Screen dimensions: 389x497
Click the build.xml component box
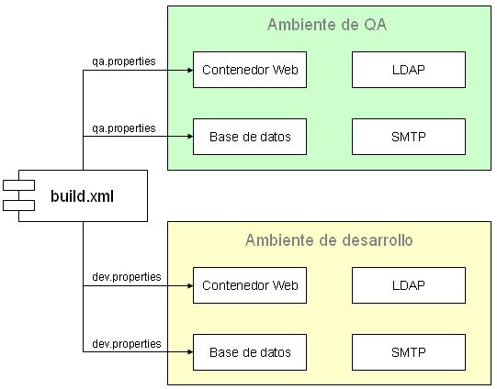[83, 194]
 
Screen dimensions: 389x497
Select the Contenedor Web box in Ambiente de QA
[250, 70]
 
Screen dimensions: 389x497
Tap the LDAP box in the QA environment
[409, 70]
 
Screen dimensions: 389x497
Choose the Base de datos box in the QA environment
[250, 137]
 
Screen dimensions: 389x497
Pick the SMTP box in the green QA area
[409, 137]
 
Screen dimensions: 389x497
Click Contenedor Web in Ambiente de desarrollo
[250, 285]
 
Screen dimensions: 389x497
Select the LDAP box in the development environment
[409, 285]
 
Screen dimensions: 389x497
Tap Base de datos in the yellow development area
[250, 352]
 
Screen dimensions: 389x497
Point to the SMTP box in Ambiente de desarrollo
[409, 352]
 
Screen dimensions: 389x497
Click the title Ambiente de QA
[327, 25]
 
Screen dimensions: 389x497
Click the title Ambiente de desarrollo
[329, 240]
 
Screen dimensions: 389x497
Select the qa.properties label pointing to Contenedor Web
[123, 61]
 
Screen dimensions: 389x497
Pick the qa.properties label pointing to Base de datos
[123, 128]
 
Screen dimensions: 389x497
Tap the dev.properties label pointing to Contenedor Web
[126, 276]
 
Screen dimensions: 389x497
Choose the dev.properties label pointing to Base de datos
[126, 343]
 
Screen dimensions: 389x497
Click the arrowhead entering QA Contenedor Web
[188, 70]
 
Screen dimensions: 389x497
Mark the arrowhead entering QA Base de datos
[188, 137]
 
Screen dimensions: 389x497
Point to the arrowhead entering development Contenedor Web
[188, 285]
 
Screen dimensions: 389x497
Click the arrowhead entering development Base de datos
[188, 352]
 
